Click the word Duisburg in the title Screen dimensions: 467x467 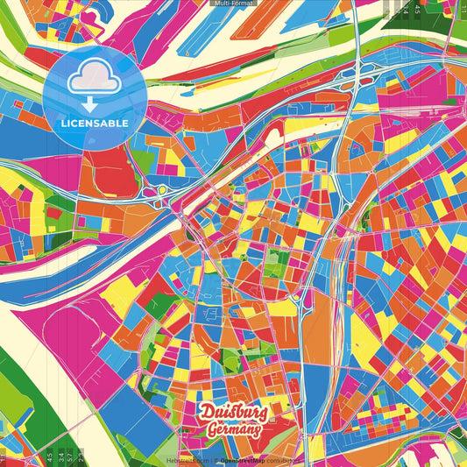tap(233, 412)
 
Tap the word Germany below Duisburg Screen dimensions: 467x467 tap(235, 430)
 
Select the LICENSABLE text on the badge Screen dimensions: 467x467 tap(95, 123)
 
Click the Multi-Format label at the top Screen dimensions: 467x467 tap(233, 4)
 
